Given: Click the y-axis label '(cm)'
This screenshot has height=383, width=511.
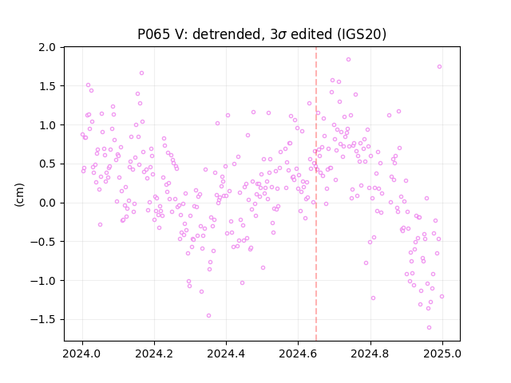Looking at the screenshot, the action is pyautogui.click(x=19, y=195).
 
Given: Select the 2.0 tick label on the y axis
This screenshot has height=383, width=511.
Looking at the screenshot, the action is pyautogui.click(x=47, y=48).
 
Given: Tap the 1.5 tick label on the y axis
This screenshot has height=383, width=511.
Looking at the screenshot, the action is pyautogui.click(x=47, y=86).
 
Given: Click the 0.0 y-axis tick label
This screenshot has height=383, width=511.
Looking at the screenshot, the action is pyautogui.click(x=47, y=203).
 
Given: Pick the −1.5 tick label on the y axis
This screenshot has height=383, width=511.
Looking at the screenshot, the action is pyautogui.click(x=43, y=319).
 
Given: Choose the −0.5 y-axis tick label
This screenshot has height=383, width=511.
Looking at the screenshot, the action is pyautogui.click(x=43, y=242).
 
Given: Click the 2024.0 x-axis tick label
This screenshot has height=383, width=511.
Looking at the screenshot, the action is pyautogui.click(x=82, y=353).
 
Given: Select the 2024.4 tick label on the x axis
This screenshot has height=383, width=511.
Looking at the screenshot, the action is pyautogui.click(x=226, y=353).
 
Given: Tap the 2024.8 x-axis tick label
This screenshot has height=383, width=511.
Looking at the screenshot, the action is pyautogui.click(x=370, y=353).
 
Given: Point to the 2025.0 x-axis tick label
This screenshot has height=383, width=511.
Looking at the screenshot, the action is pyautogui.click(x=442, y=353).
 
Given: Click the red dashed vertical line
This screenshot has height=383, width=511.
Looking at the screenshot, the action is pyautogui.click(x=316, y=194).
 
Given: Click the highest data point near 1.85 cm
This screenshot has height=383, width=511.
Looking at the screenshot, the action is pyautogui.click(x=348, y=60).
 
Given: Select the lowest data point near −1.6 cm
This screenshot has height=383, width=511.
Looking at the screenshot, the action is pyautogui.click(x=429, y=328).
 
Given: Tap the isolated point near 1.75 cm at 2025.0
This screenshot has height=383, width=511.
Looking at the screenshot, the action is pyautogui.click(x=439, y=67).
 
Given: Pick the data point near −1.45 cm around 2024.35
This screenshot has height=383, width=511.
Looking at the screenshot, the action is pyautogui.click(x=208, y=316).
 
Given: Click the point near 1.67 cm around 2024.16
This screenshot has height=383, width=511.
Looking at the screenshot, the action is pyautogui.click(x=141, y=73).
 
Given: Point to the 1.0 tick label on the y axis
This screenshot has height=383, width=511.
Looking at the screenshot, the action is pyautogui.click(x=47, y=125).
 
